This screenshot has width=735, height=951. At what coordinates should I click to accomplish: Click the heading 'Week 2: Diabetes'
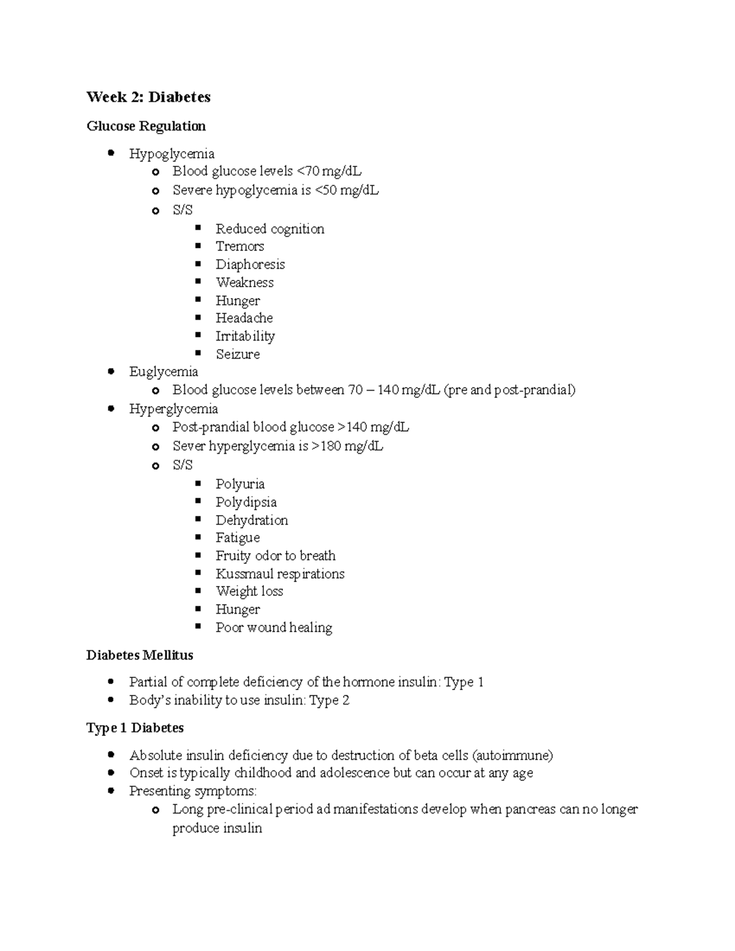(148, 97)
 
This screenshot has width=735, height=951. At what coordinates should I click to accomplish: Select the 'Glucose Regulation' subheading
(146, 126)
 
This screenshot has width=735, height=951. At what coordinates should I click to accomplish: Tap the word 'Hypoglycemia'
(171, 153)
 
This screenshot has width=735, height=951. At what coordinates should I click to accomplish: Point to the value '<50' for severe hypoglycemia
(326, 190)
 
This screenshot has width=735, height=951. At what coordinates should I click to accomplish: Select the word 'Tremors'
(239, 246)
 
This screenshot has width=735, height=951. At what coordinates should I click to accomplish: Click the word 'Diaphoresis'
(250, 265)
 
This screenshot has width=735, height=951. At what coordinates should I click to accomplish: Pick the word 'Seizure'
(238, 354)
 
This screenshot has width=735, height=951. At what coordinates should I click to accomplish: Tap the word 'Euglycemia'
(164, 372)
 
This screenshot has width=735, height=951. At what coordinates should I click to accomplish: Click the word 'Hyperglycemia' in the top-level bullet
(173, 408)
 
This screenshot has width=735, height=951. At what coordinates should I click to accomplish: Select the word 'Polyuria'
(240, 484)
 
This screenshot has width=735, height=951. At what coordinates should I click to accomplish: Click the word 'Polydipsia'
(246, 502)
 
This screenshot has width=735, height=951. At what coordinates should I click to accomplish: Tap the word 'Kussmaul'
(244, 574)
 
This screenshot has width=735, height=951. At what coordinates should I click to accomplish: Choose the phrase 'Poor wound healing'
(274, 628)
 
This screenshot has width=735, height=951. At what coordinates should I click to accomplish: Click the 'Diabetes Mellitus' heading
(140, 655)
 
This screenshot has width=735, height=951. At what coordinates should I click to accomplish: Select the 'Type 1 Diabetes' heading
(135, 727)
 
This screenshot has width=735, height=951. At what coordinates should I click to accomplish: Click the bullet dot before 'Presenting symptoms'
(111, 791)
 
